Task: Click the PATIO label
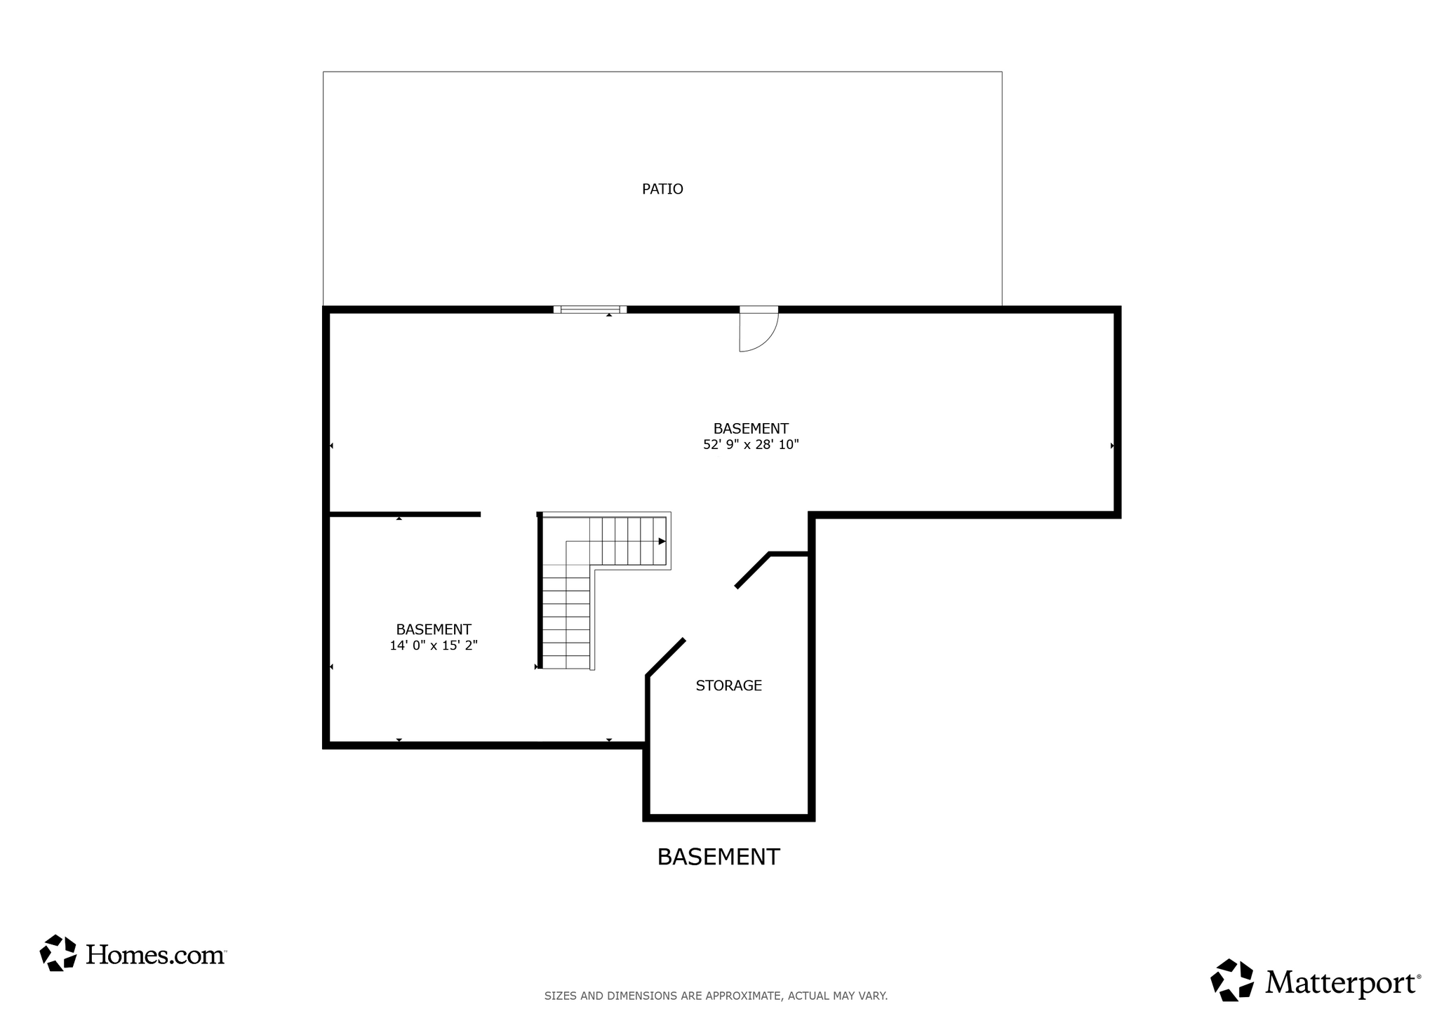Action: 662,189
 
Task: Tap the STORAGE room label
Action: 728,686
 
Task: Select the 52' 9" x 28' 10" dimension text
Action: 751,444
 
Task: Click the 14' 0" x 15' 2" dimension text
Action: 434,646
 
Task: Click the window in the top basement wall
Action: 589,309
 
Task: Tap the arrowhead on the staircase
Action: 662,541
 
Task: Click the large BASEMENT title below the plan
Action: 718,857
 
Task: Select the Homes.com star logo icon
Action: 58,953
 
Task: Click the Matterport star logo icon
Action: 1232,980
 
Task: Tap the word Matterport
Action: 1342,983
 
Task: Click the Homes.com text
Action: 155,954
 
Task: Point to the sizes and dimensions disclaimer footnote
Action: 716,996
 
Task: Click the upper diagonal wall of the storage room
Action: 753,570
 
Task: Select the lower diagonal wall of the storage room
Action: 665,657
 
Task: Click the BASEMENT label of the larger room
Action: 751,428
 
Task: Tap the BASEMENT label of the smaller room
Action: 434,629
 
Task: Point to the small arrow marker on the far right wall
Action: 1112,446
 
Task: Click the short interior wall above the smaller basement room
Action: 405,514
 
